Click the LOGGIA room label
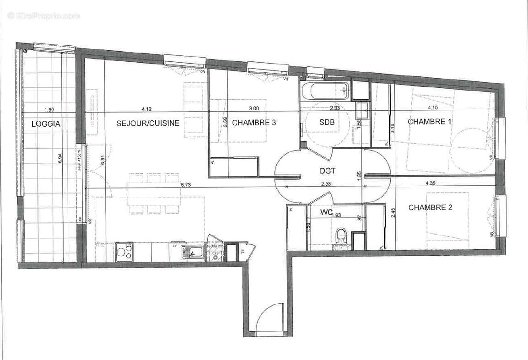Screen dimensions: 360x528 point(46,124)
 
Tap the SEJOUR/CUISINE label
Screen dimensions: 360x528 point(148,123)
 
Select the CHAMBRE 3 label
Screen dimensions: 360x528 point(254,123)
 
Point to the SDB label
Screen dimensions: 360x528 point(327,122)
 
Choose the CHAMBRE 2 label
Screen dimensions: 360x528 point(430,207)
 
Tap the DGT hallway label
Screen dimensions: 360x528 point(328,171)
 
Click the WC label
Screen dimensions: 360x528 point(326,212)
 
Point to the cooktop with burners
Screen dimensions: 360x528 point(124,251)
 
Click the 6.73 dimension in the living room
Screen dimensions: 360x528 point(186,185)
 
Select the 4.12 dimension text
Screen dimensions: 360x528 point(146,109)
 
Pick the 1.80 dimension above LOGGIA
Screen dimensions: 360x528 point(49,110)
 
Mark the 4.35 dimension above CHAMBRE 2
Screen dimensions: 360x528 point(431,183)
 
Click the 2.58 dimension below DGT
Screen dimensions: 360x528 point(326,184)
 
